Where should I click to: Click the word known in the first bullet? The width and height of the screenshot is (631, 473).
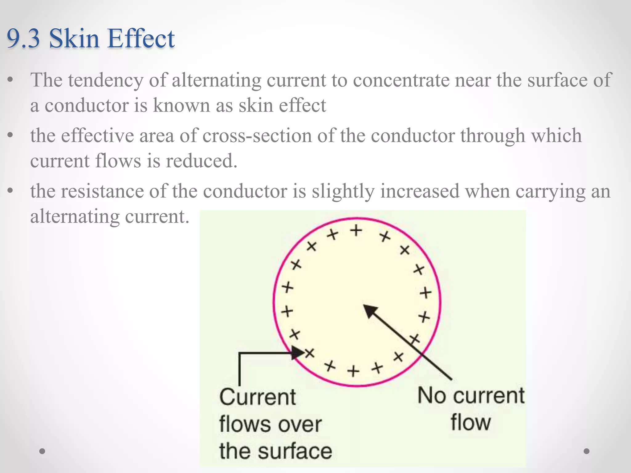click(181, 105)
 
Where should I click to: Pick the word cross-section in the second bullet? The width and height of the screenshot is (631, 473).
click(257, 136)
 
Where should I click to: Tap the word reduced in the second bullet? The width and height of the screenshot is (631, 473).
click(202, 161)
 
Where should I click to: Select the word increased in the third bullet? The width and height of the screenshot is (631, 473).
click(420, 191)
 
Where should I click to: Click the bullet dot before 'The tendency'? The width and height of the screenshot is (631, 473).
click(10, 80)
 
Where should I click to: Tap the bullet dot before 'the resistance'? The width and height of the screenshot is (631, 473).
click(10, 191)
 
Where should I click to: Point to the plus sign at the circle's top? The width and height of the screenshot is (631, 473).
click(356, 230)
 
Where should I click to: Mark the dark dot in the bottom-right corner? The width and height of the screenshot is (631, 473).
click(587, 451)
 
